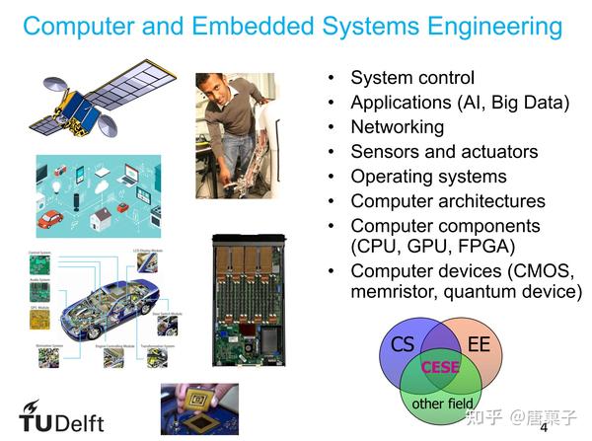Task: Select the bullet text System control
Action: click(x=412, y=78)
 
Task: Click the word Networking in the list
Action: click(x=397, y=127)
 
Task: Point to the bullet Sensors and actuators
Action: click(x=444, y=152)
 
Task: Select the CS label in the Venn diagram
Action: click(x=402, y=344)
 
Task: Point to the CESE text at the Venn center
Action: click(x=441, y=367)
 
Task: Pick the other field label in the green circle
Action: click(x=442, y=403)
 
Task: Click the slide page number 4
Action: click(x=543, y=429)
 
